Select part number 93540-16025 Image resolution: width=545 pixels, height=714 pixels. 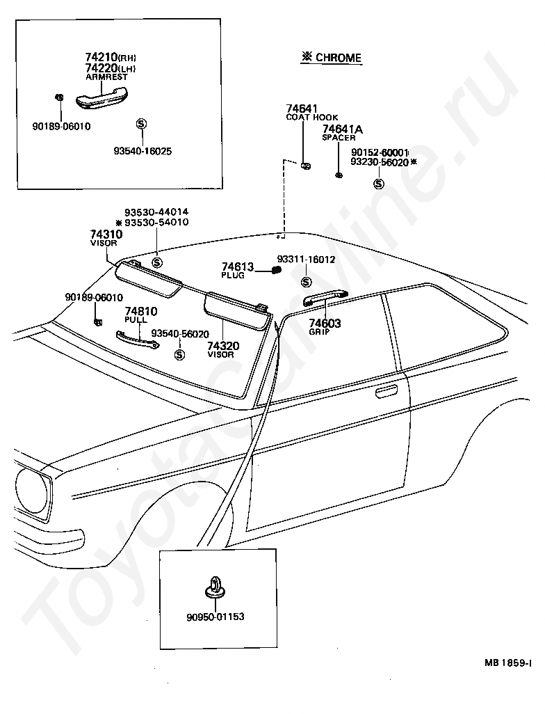pyautogui.click(x=143, y=151)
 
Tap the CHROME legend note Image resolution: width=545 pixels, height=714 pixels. pyautogui.click(x=331, y=57)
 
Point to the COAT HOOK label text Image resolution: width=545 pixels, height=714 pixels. pyautogui.click(x=312, y=118)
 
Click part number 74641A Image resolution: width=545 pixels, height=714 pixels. pyautogui.click(x=343, y=129)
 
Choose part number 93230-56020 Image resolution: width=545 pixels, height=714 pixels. pyautogui.click(x=380, y=162)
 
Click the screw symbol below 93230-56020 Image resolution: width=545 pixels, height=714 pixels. pyautogui.click(x=378, y=184)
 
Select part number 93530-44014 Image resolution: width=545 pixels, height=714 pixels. pyautogui.click(x=156, y=212)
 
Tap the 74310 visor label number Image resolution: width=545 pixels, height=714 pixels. pyautogui.click(x=106, y=234)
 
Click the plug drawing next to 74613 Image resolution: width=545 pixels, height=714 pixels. pyautogui.click(x=276, y=271)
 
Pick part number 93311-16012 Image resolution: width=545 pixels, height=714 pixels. pyautogui.click(x=306, y=260)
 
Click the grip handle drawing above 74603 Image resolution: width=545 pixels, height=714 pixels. pyautogui.click(x=326, y=298)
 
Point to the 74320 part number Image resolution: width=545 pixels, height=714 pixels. pyautogui.click(x=223, y=346)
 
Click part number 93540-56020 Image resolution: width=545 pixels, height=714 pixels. pyautogui.click(x=180, y=334)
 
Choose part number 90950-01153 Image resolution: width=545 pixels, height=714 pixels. pyautogui.click(x=215, y=617)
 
